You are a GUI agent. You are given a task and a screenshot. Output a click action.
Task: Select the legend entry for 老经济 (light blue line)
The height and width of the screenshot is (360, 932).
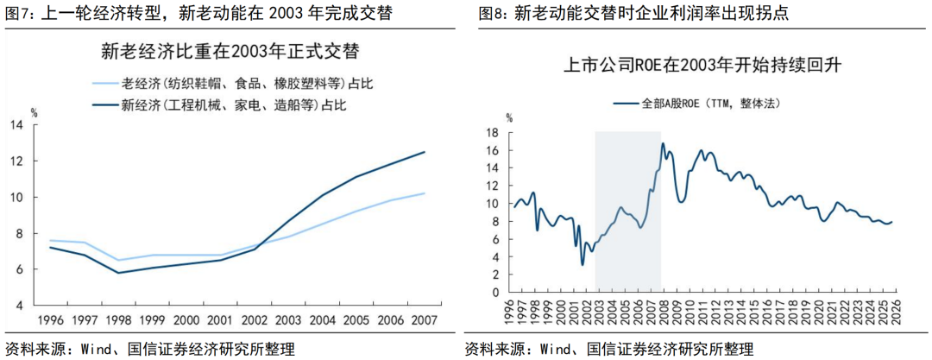pos(234,84)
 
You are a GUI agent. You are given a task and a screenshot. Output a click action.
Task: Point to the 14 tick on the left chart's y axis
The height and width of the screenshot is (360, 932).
pos(16,124)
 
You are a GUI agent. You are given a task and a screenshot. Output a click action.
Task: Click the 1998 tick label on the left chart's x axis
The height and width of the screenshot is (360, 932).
pos(118,320)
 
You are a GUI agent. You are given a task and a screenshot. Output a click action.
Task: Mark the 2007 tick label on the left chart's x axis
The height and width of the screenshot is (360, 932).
pos(421,320)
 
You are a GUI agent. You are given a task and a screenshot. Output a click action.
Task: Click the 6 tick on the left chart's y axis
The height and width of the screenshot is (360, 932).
pos(19,269)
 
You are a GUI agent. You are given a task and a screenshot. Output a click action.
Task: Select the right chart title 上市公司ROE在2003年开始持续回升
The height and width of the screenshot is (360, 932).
pos(702,65)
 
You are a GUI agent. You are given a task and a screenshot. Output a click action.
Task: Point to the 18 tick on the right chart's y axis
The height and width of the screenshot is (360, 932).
pos(493,132)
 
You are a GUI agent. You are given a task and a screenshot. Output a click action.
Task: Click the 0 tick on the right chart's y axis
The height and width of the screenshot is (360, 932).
pos(496,293)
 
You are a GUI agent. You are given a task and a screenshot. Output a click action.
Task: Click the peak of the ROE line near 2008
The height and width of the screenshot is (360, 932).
pos(663,143)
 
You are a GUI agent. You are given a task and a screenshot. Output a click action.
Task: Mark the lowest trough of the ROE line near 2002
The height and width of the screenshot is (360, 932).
pos(582,264)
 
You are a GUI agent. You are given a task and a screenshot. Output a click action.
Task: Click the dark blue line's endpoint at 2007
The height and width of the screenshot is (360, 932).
pos(424,152)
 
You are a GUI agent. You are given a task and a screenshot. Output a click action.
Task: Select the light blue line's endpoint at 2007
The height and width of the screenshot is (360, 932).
pos(424,193)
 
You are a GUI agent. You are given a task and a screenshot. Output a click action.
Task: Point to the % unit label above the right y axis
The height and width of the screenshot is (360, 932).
pos(509,118)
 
